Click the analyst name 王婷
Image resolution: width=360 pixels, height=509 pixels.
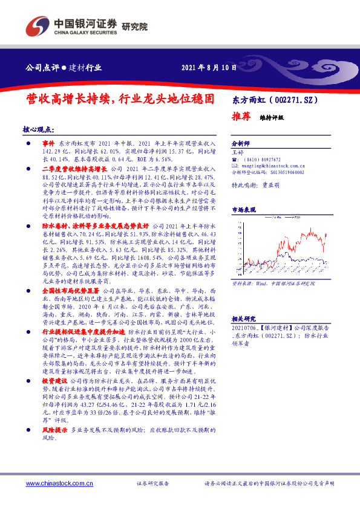(x=238, y=153)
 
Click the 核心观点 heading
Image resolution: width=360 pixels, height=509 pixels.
(x=38, y=129)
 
